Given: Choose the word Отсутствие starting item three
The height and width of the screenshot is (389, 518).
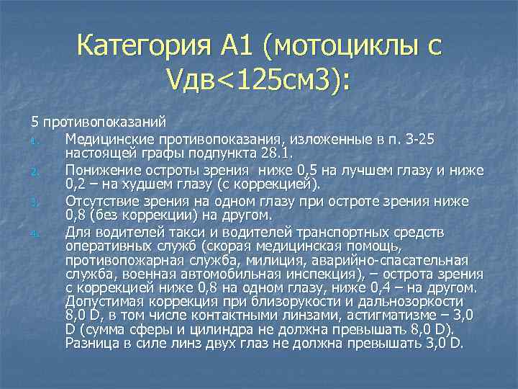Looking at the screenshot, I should (103, 202).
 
